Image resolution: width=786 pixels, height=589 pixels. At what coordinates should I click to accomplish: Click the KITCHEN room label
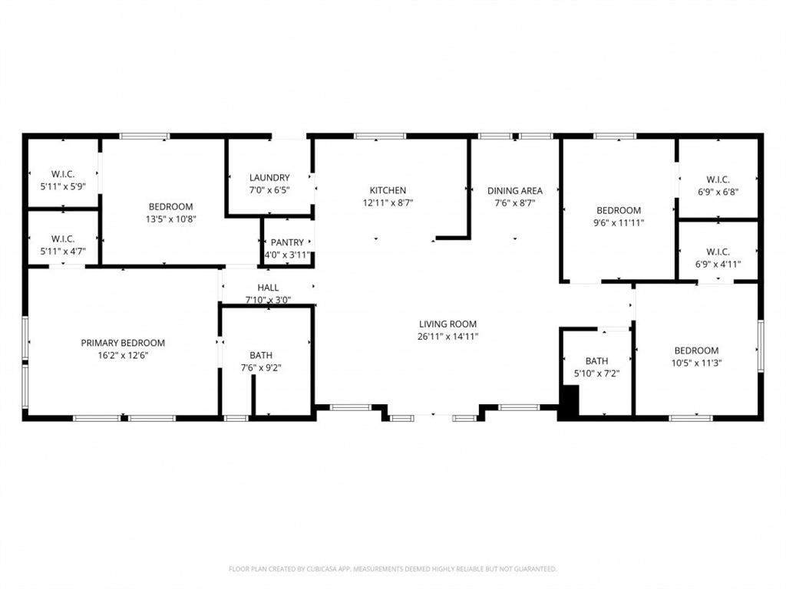(x=388, y=190)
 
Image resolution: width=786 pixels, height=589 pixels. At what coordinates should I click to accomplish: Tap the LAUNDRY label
(x=269, y=177)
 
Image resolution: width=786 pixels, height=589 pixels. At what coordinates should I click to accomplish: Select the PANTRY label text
(x=287, y=242)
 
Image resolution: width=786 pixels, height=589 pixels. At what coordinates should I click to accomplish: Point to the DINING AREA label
(x=515, y=190)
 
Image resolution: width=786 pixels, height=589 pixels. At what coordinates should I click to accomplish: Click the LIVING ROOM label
(x=447, y=324)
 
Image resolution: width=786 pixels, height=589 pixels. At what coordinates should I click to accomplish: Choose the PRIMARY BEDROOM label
(x=123, y=343)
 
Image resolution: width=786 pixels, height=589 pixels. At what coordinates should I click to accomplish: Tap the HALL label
(x=268, y=288)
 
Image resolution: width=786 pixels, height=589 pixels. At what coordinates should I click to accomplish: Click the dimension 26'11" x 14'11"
(x=447, y=336)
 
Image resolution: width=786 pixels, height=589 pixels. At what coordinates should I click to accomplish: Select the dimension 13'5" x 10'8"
(x=170, y=219)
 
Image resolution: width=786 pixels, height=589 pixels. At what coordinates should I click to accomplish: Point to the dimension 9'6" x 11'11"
(x=619, y=222)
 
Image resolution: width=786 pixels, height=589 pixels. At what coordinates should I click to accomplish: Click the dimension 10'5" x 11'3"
(x=696, y=363)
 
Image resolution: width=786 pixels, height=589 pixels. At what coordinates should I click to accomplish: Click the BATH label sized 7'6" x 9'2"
(x=261, y=355)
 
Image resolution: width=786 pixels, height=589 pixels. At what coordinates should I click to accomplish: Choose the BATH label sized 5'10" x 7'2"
(x=596, y=360)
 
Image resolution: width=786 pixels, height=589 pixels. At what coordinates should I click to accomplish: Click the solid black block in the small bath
(x=569, y=403)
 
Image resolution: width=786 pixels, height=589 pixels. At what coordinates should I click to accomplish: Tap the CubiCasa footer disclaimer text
(x=392, y=569)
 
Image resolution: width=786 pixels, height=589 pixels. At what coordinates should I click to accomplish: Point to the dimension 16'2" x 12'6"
(x=123, y=355)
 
